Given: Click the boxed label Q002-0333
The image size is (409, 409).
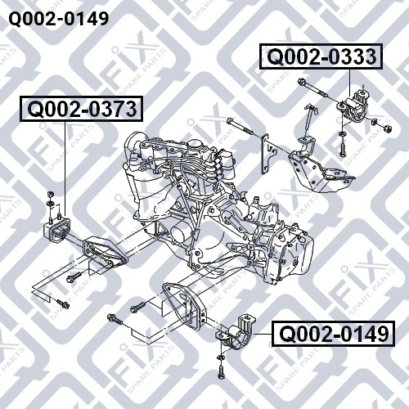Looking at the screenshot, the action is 321,56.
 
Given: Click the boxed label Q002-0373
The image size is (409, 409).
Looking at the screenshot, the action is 81,109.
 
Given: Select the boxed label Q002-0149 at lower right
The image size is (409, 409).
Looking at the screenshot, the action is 333,334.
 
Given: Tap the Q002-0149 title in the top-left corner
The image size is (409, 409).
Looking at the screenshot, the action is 59,19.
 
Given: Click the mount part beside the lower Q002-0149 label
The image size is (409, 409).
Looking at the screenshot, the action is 235,334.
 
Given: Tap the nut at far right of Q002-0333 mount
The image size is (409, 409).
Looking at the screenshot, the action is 387,128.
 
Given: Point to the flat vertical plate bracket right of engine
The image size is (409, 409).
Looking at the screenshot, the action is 265,154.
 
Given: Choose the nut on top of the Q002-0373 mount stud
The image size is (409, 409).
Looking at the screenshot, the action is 51,194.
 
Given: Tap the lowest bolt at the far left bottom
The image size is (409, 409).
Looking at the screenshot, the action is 63,304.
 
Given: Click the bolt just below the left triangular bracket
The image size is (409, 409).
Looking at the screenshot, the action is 74,277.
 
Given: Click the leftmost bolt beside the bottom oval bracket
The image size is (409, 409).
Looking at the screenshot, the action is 114,318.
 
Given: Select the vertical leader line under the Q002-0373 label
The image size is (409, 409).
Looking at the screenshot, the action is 65,169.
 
